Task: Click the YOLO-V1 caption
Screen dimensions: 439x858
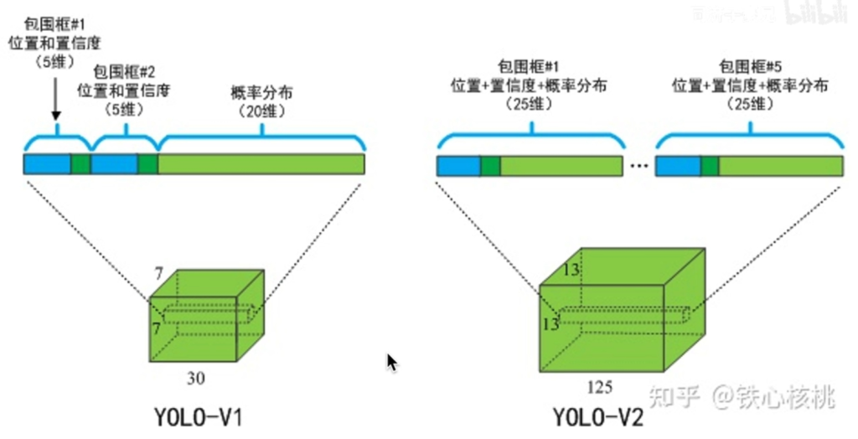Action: [x=198, y=416]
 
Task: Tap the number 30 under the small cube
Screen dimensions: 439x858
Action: [x=195, y=378]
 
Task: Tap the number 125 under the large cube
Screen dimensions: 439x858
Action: [x=600, y=387]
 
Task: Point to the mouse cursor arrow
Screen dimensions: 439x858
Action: [x=391, y=362]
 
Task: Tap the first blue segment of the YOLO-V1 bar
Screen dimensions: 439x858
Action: [x=47, y=164]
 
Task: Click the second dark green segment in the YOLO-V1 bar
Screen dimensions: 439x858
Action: [x=148, y=164]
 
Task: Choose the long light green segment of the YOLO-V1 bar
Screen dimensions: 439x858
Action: [x=261, y=164]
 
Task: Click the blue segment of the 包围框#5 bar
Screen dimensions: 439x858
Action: [x=678, y=167]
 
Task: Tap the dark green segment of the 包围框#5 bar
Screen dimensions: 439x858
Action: [x=710, y=167]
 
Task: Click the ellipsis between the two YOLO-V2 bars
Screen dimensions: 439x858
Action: [x=638, y=167]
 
